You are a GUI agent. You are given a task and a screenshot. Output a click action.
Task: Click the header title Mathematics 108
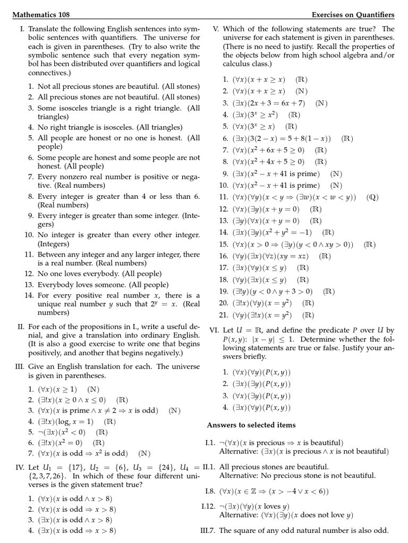pyautogui.click(x=41, y=14)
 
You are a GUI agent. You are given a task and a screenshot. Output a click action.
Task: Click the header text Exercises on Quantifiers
pyautogui.click(x=353, y=14)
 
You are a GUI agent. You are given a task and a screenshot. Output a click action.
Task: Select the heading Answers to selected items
pyautogui.click(x=251, y=425)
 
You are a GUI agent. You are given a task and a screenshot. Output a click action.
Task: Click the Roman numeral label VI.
pyautogui.click(x=214, y=329)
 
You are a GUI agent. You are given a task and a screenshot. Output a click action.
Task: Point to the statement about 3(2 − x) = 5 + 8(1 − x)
pyautogui.click(x=282, y=138)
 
